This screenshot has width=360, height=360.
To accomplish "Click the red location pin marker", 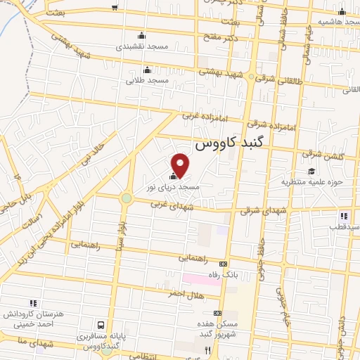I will (x=181, y=165).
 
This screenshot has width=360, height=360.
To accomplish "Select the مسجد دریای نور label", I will (x=173, y=188).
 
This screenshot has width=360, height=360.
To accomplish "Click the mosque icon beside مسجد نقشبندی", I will (x=142, y=36).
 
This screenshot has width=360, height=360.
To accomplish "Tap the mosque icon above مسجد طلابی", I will (x=147, y=70).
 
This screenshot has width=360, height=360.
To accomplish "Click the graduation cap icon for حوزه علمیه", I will (x=311, y=171).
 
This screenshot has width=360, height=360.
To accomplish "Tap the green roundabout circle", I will (x=126, y=198).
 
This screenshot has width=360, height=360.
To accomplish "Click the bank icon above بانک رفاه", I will (x=224, y=264).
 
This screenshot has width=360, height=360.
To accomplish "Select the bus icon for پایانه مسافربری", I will (x=102, y=325).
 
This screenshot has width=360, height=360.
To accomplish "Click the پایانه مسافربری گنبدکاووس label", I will (x=102, y=342).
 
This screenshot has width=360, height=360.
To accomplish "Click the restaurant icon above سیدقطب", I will (x=344, y=216).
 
